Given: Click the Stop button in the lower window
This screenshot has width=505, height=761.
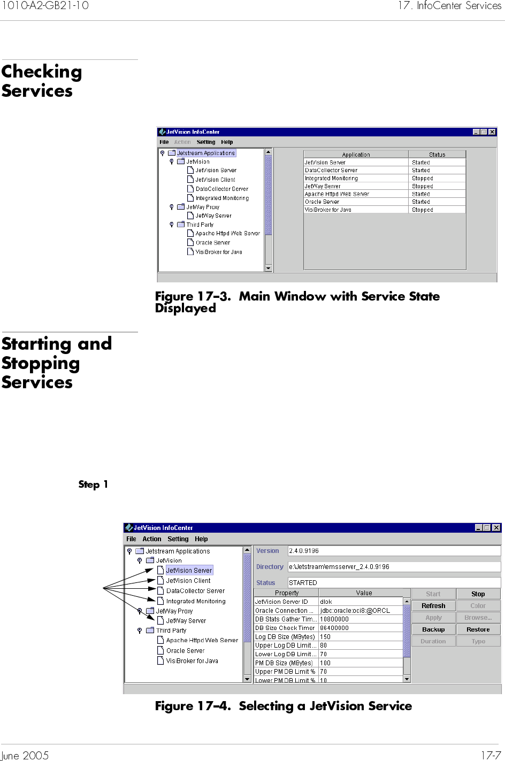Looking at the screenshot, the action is [478, 594].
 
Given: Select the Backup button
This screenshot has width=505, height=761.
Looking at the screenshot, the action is [433, 629].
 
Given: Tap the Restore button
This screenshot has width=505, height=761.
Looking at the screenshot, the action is [478, 629].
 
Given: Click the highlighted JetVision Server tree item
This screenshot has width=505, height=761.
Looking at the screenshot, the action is [189, 571].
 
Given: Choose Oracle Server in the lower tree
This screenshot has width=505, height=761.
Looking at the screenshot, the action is [185, 651].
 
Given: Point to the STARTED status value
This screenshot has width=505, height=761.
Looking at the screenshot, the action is [303, 583].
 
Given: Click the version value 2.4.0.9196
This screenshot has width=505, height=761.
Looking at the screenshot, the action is [304, 551].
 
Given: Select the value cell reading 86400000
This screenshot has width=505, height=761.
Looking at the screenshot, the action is [334, 628].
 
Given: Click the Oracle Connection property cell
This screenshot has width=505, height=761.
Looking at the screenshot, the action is [284, 611].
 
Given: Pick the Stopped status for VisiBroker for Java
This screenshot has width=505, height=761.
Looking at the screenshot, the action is [423, 210].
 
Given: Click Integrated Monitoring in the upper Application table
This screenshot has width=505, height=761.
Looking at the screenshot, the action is [331, 179].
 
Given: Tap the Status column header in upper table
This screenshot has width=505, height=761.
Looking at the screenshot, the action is [437, 155].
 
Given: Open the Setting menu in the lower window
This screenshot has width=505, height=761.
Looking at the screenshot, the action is [178, 539].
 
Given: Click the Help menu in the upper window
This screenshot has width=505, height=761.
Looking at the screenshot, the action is [227, 142].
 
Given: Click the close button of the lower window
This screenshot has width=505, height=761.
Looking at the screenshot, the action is [496, 528].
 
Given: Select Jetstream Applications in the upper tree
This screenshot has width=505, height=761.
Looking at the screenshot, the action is [205, 153].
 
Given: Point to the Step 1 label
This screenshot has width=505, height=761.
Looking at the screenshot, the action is [93, 485].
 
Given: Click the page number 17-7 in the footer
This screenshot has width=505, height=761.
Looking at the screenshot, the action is [491, 755].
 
